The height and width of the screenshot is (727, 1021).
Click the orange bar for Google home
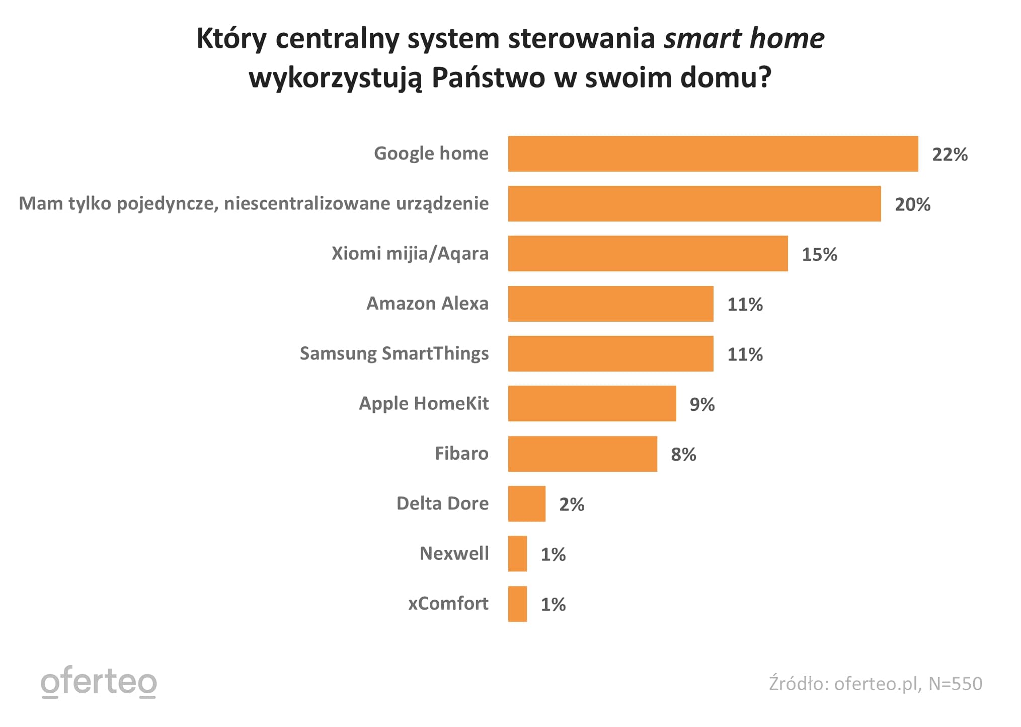pyautogui.click(x=713, y=154)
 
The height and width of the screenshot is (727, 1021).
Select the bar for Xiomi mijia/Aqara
pyautogui.click(x=648, y=253)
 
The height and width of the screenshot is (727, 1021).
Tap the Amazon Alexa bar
pyautogui.click(x=610, y=304)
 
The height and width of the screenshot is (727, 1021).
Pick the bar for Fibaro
pyautogui.click(x=582, y=454)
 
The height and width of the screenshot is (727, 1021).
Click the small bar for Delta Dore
pyautogui.click(x=526, y=503)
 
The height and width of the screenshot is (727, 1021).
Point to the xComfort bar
pyautogui.click(x=517, y=604)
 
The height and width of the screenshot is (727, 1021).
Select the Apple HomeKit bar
pyautogui.click(x=592, y=403)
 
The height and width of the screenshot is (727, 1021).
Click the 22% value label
pyautogui.click(x=950, y=154)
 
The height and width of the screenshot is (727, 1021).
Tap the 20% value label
pyautogui.click(x=912, y=204)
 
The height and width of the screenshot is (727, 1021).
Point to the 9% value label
pyautogui.click(x=702, y=404)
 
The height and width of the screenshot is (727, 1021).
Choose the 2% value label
pyautogui.click(x=572, y=504)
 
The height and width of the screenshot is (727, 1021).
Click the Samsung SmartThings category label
pyautogui.click(x=394, y=353)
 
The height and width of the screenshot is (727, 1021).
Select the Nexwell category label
pyautogui.click(x=454, y=553)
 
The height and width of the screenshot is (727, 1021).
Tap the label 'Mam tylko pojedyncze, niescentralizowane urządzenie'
pyautogui.click(x=254, y=203)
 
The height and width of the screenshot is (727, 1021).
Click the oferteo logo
pyautogui.click(x=99, y=682)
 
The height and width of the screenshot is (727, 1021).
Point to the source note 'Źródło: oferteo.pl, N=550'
pyautogui.click(x=875, y=684)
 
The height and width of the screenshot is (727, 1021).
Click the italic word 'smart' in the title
pyautogui.click(x=702, y=38)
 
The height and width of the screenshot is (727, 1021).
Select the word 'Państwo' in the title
pyautogui.click(x=488, y=78)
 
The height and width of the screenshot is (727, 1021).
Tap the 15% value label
pyautogui.click(x=819, y=254)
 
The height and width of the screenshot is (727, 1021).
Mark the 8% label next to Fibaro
pyautogui.click(x=683, y=454)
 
